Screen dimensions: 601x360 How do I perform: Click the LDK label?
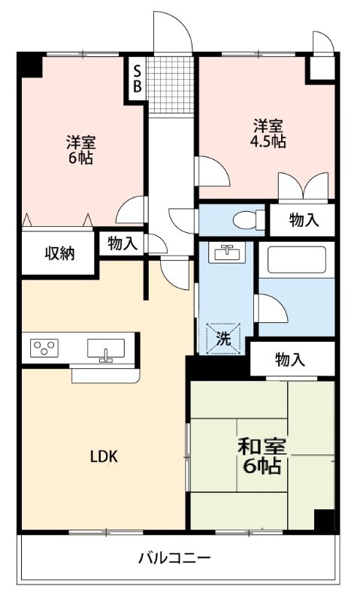pos(104,456)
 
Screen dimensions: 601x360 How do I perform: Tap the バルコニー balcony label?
pos(174,558)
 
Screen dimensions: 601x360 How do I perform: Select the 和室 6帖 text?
pos(260,455)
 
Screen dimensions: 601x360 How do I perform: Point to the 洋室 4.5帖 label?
pos(268,133)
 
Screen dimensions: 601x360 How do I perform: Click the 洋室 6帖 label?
pos(80,150)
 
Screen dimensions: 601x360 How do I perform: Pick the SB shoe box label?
pos(137,78)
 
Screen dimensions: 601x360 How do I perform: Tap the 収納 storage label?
pos(58,253)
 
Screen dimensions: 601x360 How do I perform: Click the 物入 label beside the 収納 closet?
pos(122,243)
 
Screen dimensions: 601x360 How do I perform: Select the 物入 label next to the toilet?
pos(304,220)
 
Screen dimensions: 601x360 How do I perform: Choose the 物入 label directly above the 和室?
pos(290,360)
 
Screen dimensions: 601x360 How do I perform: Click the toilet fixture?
pos(246,220)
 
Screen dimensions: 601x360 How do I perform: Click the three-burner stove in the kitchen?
pos(44,349)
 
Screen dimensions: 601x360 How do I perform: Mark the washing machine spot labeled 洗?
pos(224,337)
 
